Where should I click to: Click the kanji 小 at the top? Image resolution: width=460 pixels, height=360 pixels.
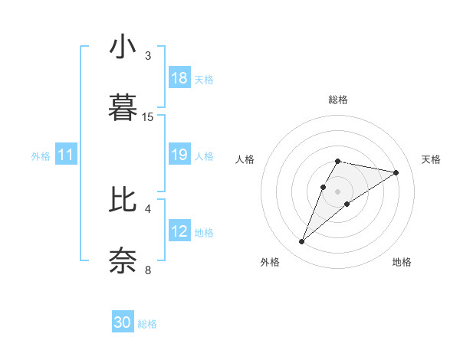pyautogui.click(x=123, y=48)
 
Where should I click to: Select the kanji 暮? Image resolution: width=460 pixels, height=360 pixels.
pyautogui.click(x=123, y=108)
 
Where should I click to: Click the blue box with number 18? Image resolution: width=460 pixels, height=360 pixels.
pyautogui.click(x=179, y=78)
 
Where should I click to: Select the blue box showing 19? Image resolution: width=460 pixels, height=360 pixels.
pyautogui.click(x=179, y=155)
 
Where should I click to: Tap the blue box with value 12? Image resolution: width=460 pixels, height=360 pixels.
pyautogui.click(x=179, y=232)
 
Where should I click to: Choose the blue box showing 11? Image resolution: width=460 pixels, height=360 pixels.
pyautogui.click(x=66, y=155)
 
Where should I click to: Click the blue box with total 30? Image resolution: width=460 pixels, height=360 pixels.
pyautogui.click(x=123, y=323)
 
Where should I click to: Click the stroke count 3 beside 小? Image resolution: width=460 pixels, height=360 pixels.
pyautogui.click(x=148, y=56)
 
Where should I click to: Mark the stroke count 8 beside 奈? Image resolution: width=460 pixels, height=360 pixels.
pyautogui.click(x=148, y=269)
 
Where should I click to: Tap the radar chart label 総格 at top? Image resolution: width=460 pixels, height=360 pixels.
pyautogui.click(x=338, y=100)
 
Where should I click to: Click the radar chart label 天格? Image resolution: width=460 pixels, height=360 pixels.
pyautogui.click(x=431, y=159)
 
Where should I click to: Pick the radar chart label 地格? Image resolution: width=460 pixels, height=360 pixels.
pyautogui.click(x=402, y=262)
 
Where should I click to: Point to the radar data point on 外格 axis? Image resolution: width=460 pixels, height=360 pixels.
pyautogui.click(x=302, y=242)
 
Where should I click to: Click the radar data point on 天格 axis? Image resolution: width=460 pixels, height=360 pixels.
pyautogui.click(x=396, y=172)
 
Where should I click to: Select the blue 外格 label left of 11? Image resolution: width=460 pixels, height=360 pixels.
pyautogui.click(x=41, y=156)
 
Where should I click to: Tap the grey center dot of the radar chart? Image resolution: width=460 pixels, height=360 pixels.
pyautogui.click(x=338, y=191)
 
